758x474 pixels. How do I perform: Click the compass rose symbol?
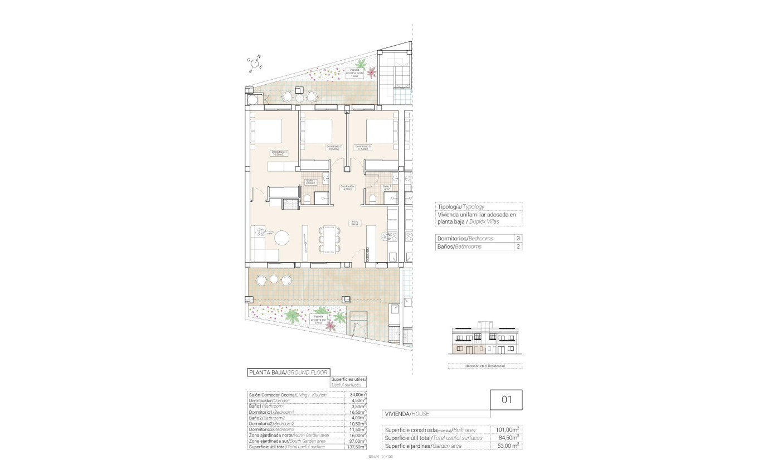(x=256, y=64)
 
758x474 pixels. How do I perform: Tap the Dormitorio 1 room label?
(x=278, y=153)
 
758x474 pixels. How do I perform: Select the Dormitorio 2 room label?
(x=334, y=148)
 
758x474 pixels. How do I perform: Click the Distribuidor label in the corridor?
(x=347, y=187)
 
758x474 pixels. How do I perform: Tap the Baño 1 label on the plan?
(x=310, y=181)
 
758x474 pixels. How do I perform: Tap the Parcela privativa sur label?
(x=319, y=318)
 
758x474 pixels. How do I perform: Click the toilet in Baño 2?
(x=372, y=198)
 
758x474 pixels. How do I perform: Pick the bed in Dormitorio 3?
(x=382, y=131)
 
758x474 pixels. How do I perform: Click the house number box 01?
(x=506, y=399)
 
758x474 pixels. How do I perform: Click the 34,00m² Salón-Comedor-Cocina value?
(x=357, y=395)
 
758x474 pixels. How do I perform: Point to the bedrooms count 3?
(x=518, y=238)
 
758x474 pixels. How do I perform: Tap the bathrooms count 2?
(x=518, y=246)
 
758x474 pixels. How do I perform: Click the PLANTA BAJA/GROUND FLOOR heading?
(x=288, y=372)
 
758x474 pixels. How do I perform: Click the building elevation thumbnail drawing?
(x=484, y=341)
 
